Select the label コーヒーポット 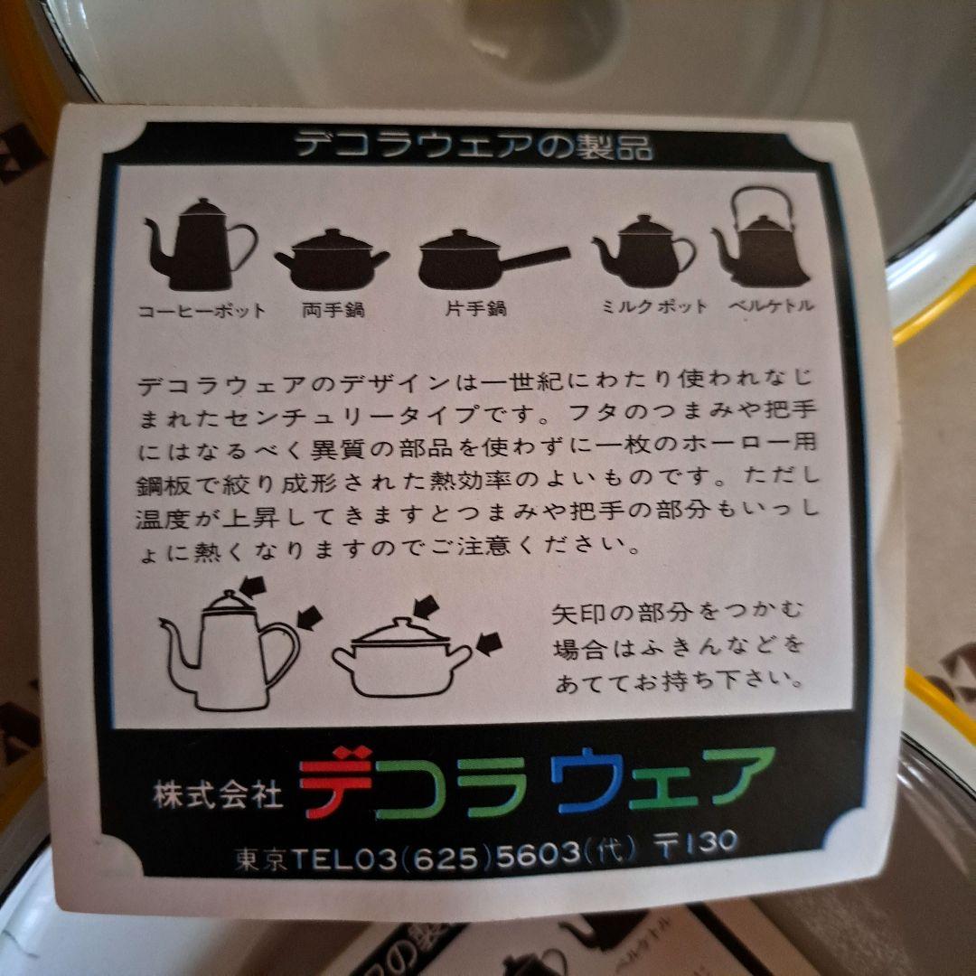coord(202,311)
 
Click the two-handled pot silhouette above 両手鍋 coord(332,259)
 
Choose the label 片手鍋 coord(476,309)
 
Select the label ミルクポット coord(654,307)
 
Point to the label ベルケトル coord(771,305)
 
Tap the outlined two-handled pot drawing coord(401,661)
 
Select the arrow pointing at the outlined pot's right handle coord(489,643)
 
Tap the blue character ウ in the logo coord(588,779)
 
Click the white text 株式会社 coord(218,795)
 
